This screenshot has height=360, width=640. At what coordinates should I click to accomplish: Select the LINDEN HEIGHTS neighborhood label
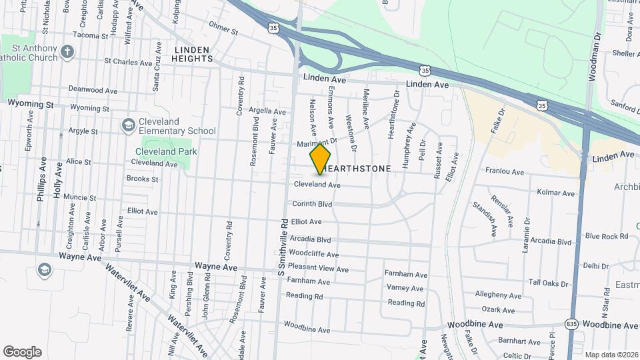(x=192, y=54)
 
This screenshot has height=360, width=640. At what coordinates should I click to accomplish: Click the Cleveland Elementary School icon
(x=127, y=125)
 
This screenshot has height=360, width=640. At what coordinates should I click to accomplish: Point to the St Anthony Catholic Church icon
(x=67, y=51)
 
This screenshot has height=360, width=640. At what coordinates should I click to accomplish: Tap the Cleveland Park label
(x=166, y=151)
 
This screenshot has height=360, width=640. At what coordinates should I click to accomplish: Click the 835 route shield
(x=571, y=323)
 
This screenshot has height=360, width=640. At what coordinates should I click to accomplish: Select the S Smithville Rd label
(x=282, y=246)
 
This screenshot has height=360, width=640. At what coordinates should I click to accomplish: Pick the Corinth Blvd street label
(x=311, y=204)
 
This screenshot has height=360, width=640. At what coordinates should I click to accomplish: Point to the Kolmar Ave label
(x=555, y=193)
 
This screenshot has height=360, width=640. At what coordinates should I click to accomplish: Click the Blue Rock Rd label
(x=606, y=236)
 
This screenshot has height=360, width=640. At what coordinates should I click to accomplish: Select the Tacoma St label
(x=91, y=35)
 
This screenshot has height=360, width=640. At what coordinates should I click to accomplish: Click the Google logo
(x=22, y=352)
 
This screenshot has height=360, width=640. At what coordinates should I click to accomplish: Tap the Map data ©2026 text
(x=611, y=355)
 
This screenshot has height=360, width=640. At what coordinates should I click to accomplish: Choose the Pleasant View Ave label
(x=318, y=269)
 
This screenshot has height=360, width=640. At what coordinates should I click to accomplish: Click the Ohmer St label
(x=223, y=30)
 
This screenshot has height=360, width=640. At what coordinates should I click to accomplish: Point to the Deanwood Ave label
(x=93, y=90)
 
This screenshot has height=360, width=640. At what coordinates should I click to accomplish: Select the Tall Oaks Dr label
(x=549, y=283)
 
